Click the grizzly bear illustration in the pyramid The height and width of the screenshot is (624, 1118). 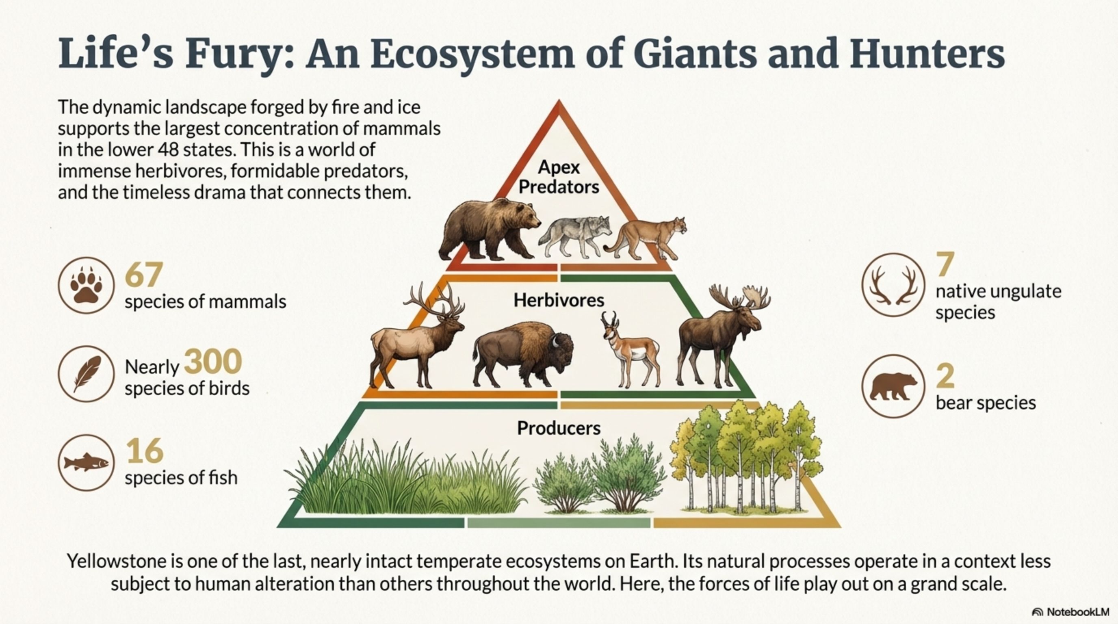pyautogui.click(x=490, y=230)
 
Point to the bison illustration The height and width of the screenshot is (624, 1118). pyautogui.click(x=522, y=354)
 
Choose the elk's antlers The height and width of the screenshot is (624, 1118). pyautogui.click(x=434, y=299)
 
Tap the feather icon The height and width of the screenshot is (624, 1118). pyautogui.click(x=87, y=374)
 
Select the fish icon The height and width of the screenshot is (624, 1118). pyautogui.click(x=87, y=463)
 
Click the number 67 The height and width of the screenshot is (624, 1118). pyautogui.click(x=144, y=275)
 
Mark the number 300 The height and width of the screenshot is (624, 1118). pyautogui.click(x=212, y=362)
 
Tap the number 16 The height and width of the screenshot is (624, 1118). pyautogui.click(x=145, y=451)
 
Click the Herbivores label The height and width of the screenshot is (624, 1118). pyautogui.click(x=559, y=300)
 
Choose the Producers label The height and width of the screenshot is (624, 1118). pyautogui.click(x=559, y=428)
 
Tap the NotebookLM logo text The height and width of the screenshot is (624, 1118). pyautogui.click(x=1076, y=612)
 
